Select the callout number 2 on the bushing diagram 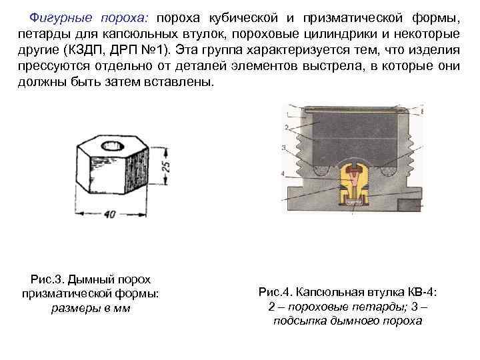coord(286,126)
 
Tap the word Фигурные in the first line coord(59,15)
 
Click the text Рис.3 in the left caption coord(46,279)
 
